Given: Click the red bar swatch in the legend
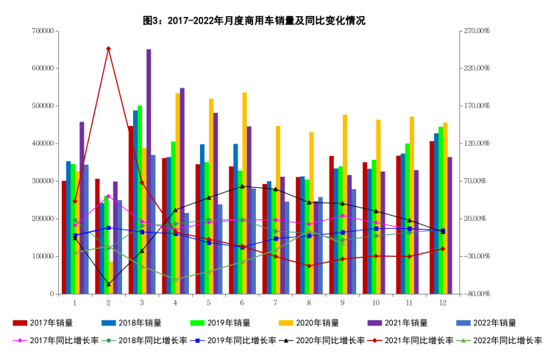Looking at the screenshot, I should pyautogui.click(x=20, y=322).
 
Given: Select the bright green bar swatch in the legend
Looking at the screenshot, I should pyautogui.click(x=197, y=322).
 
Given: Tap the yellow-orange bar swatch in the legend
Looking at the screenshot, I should pyautogui.click(x=285, y=322).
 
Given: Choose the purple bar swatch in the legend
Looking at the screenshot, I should pyautogui.click(x=374, y=322).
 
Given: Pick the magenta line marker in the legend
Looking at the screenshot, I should pyautogui.click(x=20, y=340).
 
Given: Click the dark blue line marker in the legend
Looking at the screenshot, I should pyautogui.click(x=197, y=340).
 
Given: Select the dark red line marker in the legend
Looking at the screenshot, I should pyautogui.click(x=374, y=340).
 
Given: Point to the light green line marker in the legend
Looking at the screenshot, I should pyautogui.click(x=463, y=340).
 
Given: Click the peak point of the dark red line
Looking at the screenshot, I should pyautogui.click(x=108, y=49).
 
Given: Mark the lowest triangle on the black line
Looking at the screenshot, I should pyautogui.click(x=108, y=284).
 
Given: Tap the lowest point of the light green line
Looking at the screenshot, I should pyautogui.click(x=175, y=280).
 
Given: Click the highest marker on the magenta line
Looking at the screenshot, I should pyautogui.click(x=108, y=196).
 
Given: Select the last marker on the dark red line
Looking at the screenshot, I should pyautogui.click(x=442, y=249).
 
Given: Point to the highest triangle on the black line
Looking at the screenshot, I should pyautogui.click(x=242, y=186).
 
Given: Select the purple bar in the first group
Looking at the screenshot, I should pyautogui.click(x=82, y=206).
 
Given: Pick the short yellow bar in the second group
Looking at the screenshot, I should pyautogui.click(x=110, y=278).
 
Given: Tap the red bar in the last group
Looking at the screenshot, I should pyautogui.click(x=432, y=217).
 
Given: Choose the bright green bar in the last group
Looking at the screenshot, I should pyautogui.click(x=441, y=210).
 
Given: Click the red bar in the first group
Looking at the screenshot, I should pyautogui.click(x=64, y=237).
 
